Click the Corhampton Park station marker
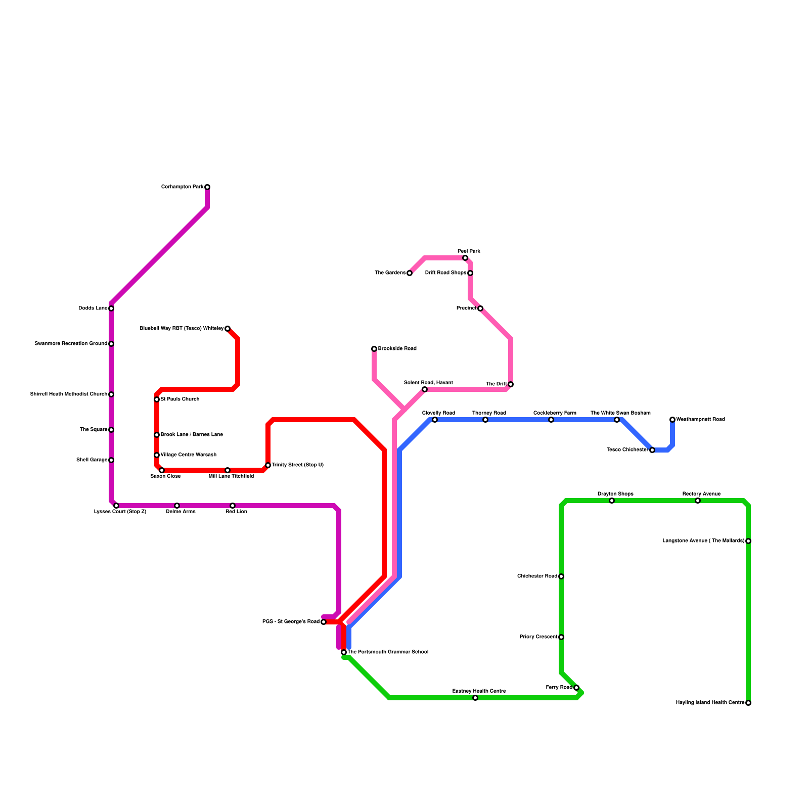[x=207, y=187]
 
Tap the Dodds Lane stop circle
[x=111, y=308]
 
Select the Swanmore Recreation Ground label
[x=71, y=344]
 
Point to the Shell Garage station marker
[x=111, y=460]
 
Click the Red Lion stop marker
[x=233, y=506]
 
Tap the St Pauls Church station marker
[x=157, y=399]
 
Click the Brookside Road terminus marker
[x=374, y=349]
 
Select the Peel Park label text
[x=469, y=251]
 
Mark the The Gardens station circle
[x=410, y=273]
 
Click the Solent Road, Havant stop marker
[x=425, y=389]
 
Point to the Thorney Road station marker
[x=485, y=420]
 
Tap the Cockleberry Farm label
[x=555, y=413]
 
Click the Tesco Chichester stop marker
[x=652, y=450]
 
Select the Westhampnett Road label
[x=700, y=420]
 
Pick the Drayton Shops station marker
[x=612, y=501]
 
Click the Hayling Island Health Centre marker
[x=748, y=703]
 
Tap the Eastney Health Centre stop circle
[x=475, y=698]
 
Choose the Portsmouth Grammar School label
[x=388, y=652]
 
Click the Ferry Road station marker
[x=576, y=688]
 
